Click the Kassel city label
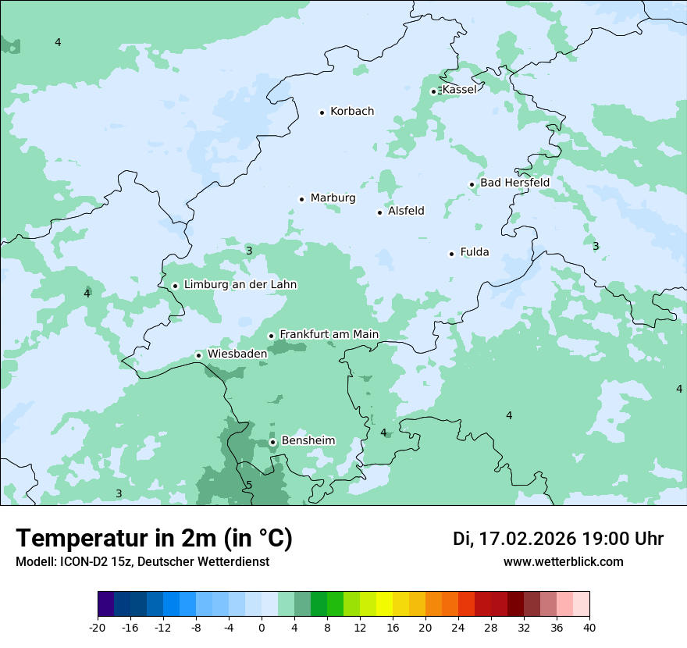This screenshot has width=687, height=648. (459, 90)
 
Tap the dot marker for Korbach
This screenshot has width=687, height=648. (322, 112)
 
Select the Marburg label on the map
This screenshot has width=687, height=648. (333, 198)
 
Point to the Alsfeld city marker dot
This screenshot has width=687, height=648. (380, 212)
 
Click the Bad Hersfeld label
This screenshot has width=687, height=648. (514, 183)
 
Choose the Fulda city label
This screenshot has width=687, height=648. (475, 252)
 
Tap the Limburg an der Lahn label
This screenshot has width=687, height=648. (240, 285)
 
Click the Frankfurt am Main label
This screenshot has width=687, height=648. (329, 334)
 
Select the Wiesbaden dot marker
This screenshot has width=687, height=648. (199, 355)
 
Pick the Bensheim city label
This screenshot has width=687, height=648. (308, 440)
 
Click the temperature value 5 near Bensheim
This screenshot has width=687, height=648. (249, 485)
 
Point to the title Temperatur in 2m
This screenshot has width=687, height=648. (154, 539)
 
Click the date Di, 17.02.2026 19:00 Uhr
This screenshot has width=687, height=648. (558, 539)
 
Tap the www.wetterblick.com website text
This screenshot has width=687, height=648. (563, 561)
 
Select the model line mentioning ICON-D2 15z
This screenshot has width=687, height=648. (142, 561)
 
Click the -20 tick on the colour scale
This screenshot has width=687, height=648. (98, 627)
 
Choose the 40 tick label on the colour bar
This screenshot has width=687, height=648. (589, 627)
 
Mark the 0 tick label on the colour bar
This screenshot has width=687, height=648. (262, 627)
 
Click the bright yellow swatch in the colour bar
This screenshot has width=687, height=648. (384, 604)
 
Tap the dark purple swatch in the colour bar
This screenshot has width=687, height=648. (105, 604)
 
